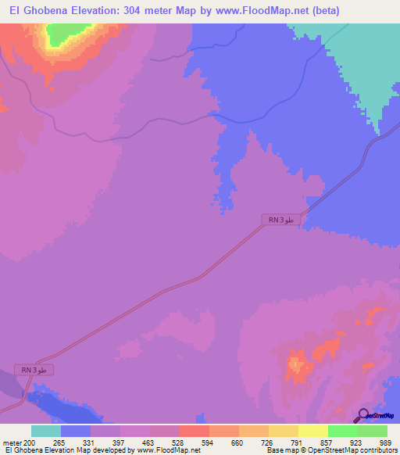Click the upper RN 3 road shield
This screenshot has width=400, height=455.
pyautogui.click(x=280, y=221)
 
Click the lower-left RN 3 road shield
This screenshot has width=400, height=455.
pyautogui.click(x=35, y=369)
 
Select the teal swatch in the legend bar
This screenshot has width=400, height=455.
pyautogui.click(x=45, y=431)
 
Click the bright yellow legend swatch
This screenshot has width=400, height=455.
pyautogui.click(x=312, y=431)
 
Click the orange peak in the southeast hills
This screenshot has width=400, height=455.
pyautogui.click(x=296, y=364)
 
